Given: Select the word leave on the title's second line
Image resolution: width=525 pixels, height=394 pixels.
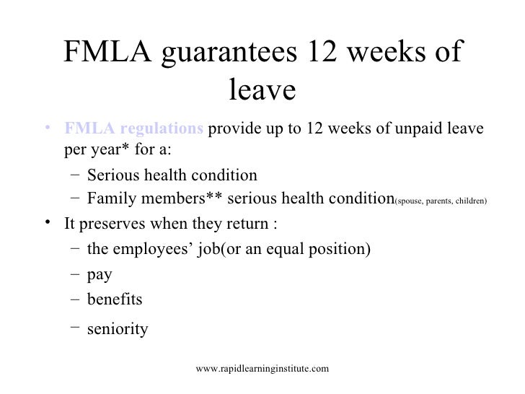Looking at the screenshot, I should tap(262, 91).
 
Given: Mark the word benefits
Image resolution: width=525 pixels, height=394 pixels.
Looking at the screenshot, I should tap(114, 299).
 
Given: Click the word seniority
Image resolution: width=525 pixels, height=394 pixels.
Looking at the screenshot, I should tap(117, 330).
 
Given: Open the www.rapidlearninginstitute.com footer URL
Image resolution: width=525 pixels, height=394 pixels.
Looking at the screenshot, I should tap(262, 369).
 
